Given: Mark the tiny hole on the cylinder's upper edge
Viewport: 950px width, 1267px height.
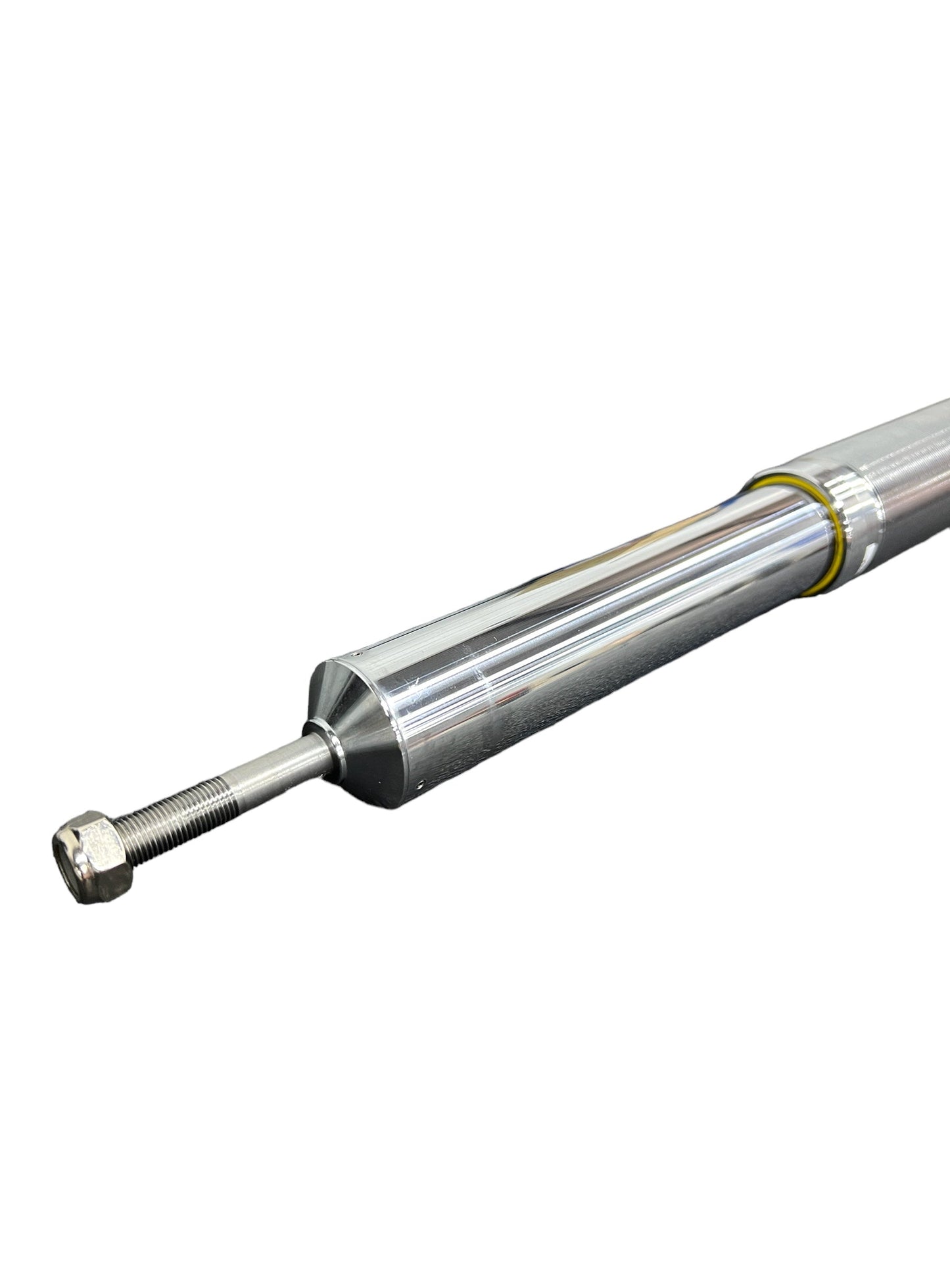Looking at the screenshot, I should pos(392,654).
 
